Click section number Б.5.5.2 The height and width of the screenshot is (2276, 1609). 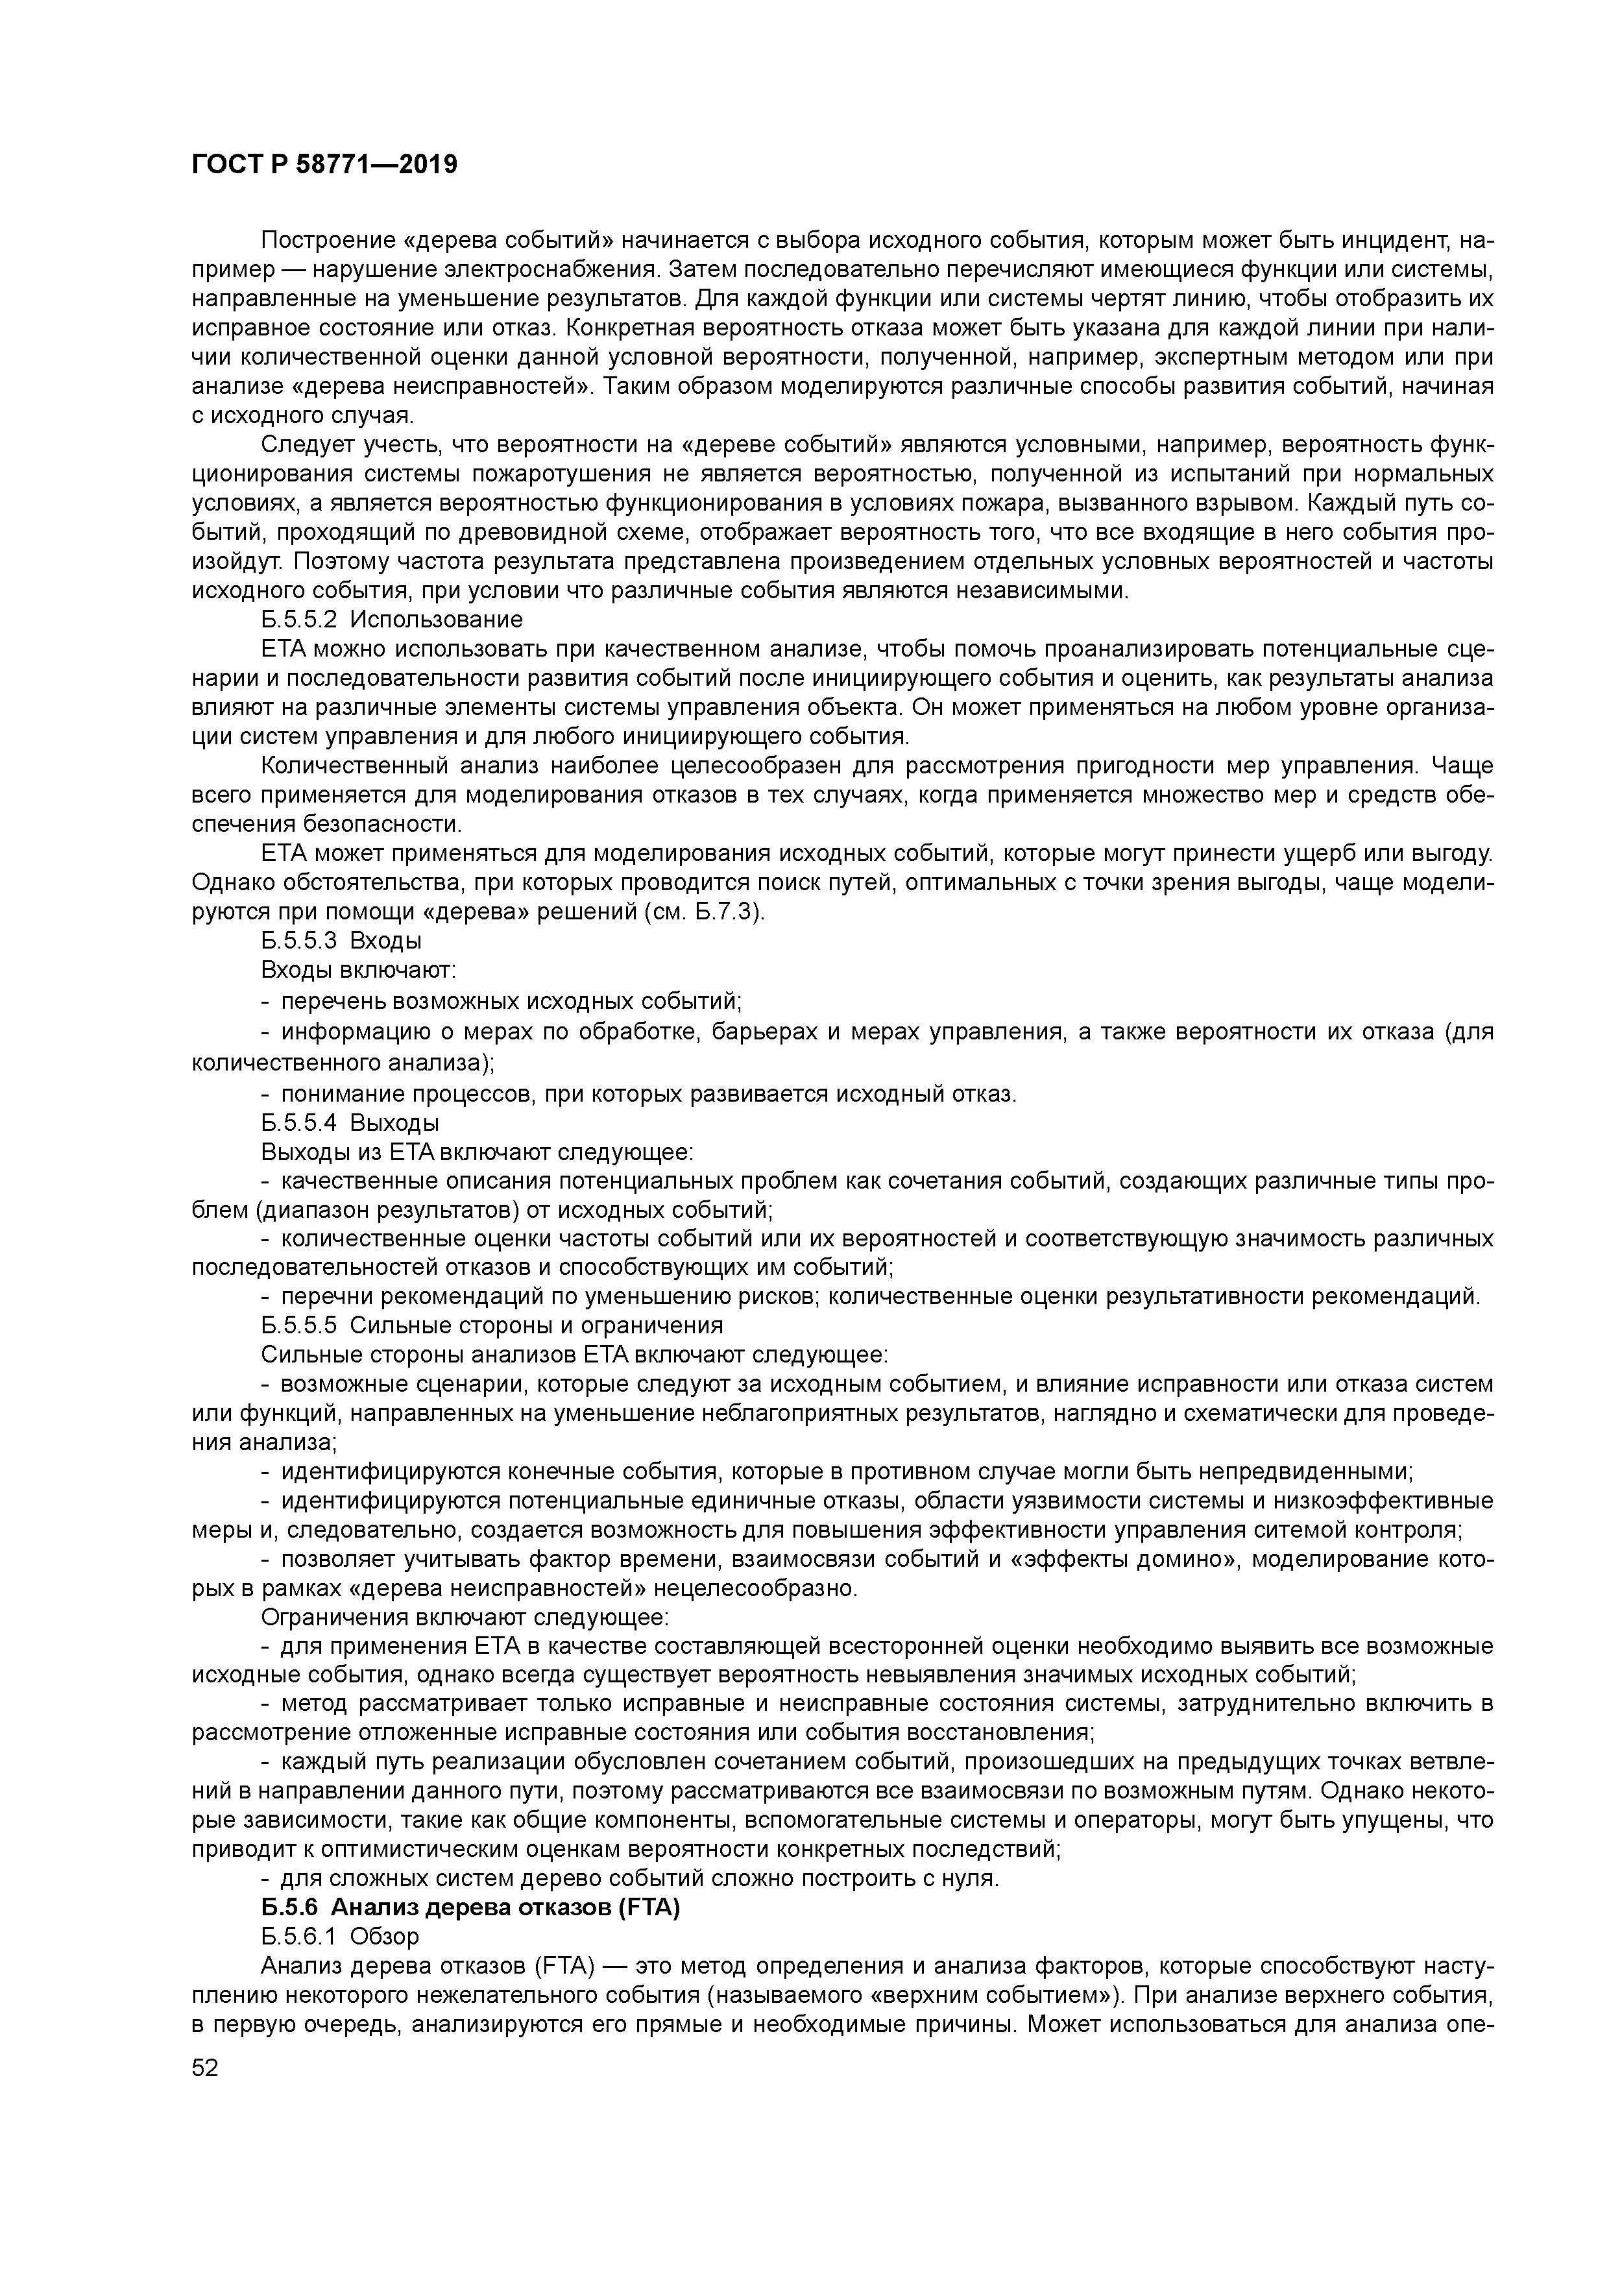pos(299,620)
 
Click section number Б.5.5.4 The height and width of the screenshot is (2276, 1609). pos(299,1123)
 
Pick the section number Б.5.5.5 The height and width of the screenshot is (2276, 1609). pos(299,1326)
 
